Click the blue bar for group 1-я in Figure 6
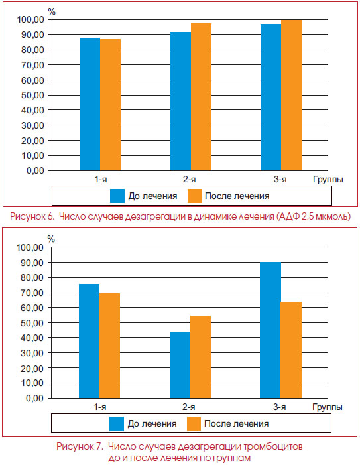90,104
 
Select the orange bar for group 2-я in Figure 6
201,97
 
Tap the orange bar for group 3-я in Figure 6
292,96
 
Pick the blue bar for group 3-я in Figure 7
270,330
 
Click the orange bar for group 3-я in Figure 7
291,350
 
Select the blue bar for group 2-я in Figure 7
180,365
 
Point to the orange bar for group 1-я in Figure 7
109,346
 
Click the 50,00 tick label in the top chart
32,96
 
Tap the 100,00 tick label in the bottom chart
30,247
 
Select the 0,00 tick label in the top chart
35,171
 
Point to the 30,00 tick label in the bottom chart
32,353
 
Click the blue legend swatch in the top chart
117,196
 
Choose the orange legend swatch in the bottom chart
194,424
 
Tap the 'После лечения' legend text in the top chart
237,196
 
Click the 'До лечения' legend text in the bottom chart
152,423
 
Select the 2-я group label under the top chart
189,179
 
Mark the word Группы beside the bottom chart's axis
328,407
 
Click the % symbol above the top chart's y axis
52,11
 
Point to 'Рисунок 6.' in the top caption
32,216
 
